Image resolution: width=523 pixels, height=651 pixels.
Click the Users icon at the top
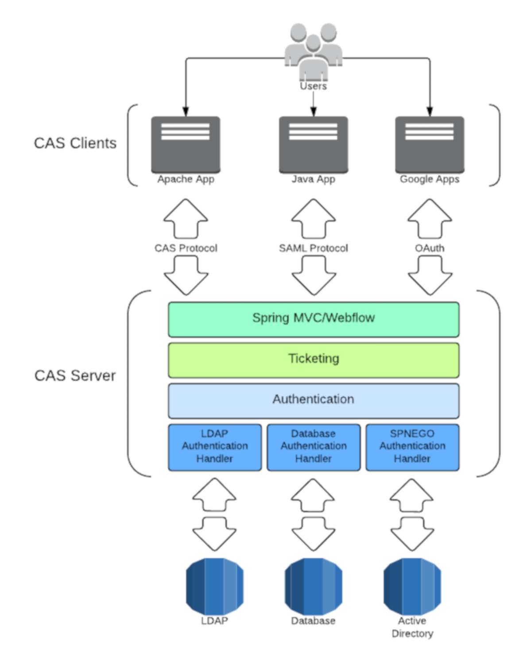[313, 51]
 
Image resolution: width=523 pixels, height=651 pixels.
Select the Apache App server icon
[186, 145]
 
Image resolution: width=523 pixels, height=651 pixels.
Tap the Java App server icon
[313, 145]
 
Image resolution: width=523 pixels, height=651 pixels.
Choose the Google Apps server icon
[430, 145]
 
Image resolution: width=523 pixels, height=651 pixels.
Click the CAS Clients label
[75, 143]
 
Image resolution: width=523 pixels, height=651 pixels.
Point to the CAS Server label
[75, 376]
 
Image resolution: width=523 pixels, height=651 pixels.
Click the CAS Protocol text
[186, 248]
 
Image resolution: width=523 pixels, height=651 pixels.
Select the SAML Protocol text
[313, 248]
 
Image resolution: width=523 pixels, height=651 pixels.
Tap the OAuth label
[430, 248]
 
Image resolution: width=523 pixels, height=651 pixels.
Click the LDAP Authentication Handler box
[215, 447]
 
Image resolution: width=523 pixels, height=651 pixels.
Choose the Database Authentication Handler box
[314, 447]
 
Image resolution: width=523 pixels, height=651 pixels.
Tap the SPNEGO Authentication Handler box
[412, 447]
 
